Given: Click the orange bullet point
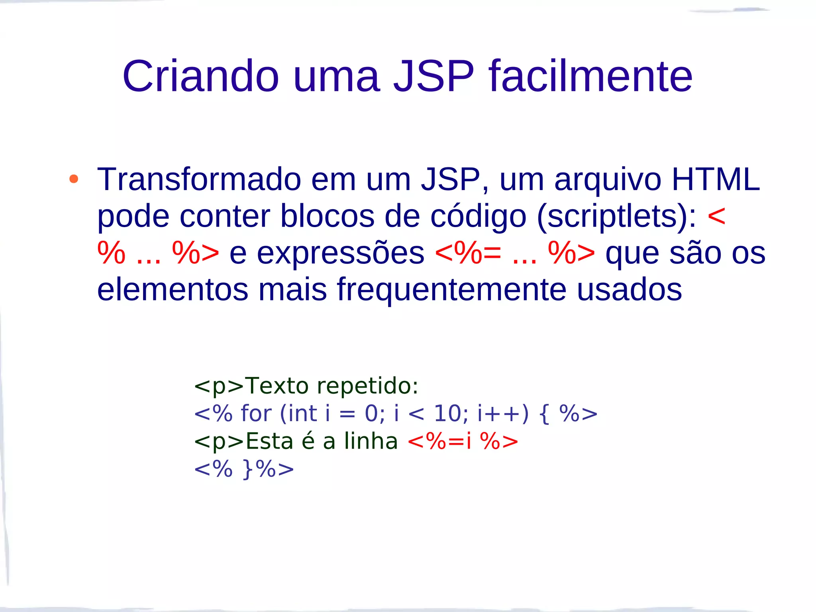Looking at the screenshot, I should tap(74, 179).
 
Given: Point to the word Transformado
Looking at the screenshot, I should tap(199, 180).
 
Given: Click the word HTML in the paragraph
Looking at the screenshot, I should tap(716, 180).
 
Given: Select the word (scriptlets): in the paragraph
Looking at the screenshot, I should tap(617, 216).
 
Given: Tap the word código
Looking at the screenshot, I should tap(478, 216).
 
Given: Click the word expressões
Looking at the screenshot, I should tap(341, 253).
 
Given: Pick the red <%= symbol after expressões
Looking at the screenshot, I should tap(468, 253).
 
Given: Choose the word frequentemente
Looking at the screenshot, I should tap(451, 290).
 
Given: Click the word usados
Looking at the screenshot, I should tap(629, 290).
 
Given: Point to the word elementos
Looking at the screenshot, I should tap(173, 290).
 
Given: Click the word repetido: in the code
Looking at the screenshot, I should tap(367, 386).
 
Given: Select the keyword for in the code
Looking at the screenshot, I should tap(256, 413).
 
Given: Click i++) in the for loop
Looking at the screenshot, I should tap(503, 413).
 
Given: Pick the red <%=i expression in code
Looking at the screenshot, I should tap(439, 441).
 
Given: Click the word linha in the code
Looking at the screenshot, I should tap(371, 441).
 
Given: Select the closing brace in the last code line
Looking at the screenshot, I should tap(248, 469).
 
